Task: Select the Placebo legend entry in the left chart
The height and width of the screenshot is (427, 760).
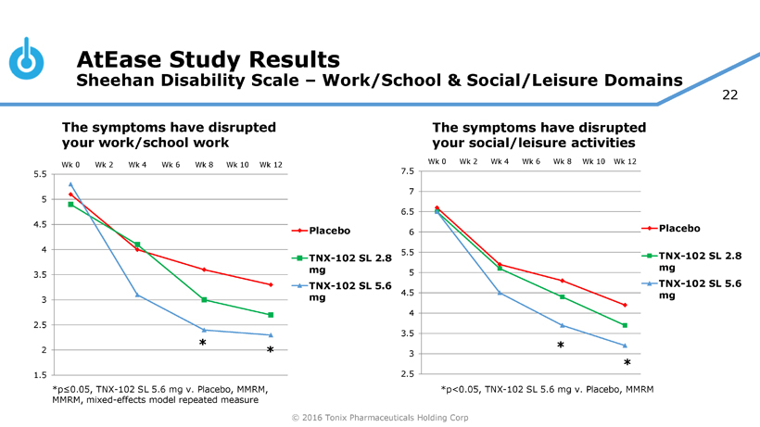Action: [330, 230]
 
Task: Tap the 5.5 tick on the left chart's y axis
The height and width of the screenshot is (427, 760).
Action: [40, 174]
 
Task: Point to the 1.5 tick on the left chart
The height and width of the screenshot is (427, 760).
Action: [40, 375]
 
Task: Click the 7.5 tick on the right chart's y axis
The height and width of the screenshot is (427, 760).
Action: [408, 171]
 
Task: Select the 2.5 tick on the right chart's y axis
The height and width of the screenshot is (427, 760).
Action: [408, 374]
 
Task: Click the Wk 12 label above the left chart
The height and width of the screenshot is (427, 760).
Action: [271, 165]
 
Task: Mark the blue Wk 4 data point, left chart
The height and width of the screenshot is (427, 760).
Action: [137, 295]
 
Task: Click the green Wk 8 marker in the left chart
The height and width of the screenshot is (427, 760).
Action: [204, 300]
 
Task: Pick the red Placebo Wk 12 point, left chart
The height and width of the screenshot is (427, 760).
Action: [271, 284]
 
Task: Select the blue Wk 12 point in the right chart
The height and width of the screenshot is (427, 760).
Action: [625, 345]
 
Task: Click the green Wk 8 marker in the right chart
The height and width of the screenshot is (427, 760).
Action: [562, 296]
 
